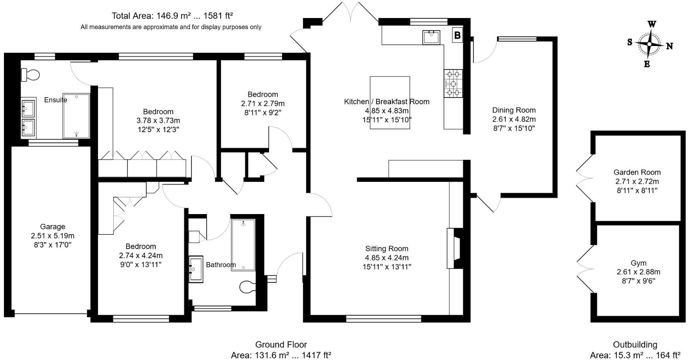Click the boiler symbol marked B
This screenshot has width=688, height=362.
[x=457, y=35]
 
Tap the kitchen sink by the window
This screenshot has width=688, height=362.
[x=431, y=37]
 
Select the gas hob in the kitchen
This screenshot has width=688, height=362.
[x=453, y=83]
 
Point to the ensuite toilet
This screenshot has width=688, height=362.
[x=30, y=74]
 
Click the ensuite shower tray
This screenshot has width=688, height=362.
[x=76, y=116]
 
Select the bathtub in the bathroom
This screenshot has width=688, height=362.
[x=243, y=244]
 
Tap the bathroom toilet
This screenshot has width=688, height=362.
[x=247, y=287]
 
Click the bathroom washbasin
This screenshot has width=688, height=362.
[x=196, y=270]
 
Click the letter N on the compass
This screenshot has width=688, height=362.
[x=670, y=46]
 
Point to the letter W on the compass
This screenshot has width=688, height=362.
[x=651, y=24]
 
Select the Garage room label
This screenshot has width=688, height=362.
[x=52, y=227]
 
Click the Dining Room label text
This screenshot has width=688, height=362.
[x=514, y=110]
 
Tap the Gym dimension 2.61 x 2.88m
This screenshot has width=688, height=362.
[x=638, y=272]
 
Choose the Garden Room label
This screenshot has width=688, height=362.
[x=637, y=172]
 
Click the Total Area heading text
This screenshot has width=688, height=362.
[x=172, y=16]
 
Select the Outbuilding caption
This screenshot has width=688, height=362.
[x=635, y=345]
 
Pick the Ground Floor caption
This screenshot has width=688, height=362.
[x=281, y=345]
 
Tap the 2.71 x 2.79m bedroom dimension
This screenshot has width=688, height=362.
[x=262, y=103]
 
